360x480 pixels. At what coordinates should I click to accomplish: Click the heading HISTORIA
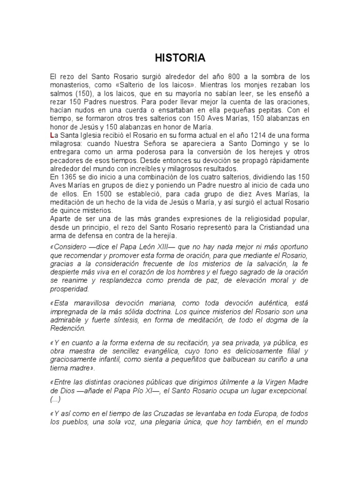(x=180, y=58)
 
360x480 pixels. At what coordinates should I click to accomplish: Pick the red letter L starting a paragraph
(x=52, y=135)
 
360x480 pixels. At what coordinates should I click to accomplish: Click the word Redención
(x=68, y=329)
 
